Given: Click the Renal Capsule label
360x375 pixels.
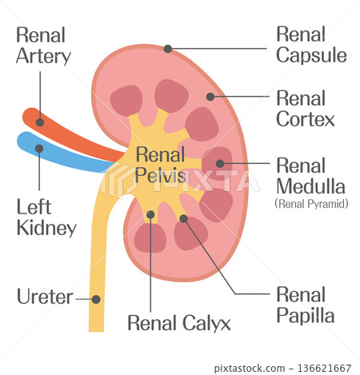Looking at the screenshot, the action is tap(311, 45).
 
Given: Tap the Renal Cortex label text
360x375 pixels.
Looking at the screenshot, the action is tap(305, 109).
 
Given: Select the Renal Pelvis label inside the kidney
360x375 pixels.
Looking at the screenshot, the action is tap(160, 165).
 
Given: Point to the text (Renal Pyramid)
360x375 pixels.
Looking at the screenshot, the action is tap(311, 204).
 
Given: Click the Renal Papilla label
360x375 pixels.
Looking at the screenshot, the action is tap(305, 305).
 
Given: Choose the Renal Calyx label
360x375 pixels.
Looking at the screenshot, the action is tap(179, 323).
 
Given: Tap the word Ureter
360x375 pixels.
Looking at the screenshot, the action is tap(45, 297).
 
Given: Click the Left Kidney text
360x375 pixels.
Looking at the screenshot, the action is tap(46, 217).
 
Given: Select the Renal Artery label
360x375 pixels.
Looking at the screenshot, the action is tap(43, 46).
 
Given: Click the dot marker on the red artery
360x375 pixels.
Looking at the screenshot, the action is tap(40, 122).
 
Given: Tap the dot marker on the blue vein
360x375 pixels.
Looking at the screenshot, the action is tap(39, 149).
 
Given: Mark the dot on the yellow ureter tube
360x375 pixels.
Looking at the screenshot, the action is tap(96, 299).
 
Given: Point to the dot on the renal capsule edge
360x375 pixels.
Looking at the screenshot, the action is tap(168, 49).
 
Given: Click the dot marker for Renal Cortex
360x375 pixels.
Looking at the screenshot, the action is tap(210, 97).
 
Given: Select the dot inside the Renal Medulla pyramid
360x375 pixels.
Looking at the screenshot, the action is tap(220, 163).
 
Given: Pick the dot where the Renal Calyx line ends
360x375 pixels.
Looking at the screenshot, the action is tap(150, 214).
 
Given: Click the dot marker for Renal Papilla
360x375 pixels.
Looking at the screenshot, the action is tap(183, 218).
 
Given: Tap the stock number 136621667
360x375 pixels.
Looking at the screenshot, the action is tap(324, 368).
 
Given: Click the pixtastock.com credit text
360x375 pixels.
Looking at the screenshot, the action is tap(250, 369).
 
